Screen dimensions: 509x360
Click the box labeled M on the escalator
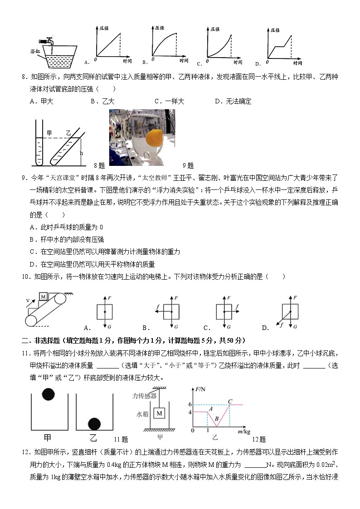pos(44,296)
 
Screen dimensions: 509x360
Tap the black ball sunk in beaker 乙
pos(94,424)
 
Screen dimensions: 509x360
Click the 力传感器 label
pos(144,396)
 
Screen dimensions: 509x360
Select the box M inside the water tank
pos(160,413)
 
